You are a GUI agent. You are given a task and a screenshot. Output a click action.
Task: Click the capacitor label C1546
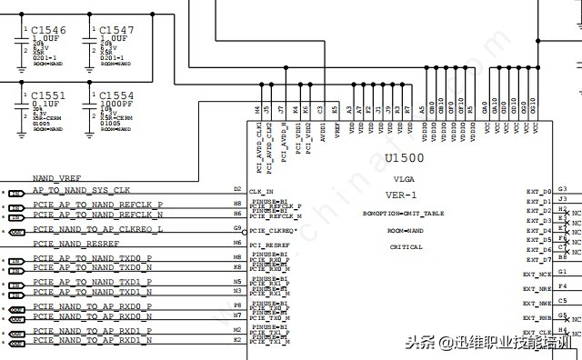(48, 30)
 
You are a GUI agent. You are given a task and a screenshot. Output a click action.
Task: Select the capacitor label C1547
(116, 30)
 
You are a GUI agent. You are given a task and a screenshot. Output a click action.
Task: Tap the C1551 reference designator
(48, 95)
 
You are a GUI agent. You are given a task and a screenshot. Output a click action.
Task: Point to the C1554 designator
(116, 95)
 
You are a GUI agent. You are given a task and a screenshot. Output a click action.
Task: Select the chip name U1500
(404, 158)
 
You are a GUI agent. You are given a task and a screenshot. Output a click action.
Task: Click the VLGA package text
(404, 179)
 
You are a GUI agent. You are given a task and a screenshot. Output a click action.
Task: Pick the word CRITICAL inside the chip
(406, 247)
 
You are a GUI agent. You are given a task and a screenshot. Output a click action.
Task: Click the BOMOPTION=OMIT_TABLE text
(404, 214)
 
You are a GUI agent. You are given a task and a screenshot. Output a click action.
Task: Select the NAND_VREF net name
(57, 178)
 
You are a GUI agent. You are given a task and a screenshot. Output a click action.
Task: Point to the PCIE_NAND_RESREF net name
(76, 244)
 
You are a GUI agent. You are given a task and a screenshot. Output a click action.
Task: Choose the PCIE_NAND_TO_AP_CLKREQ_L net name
(98, 230)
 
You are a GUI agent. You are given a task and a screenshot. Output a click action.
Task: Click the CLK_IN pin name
(261, 192)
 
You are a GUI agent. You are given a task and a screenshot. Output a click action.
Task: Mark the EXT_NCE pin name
(537, 274)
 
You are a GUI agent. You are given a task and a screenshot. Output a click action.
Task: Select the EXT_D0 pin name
(539, 192)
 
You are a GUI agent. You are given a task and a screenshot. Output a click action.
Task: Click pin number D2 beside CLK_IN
(237, 188)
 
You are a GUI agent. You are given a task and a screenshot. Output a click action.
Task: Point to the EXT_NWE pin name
(537, 303)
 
